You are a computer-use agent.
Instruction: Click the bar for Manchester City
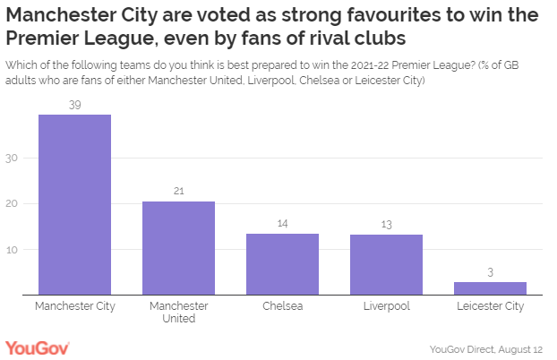pos(74,205)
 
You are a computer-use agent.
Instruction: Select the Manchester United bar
pos(178,248)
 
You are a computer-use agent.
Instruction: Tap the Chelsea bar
pos(282,264)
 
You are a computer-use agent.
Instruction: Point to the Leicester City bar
pos(490,287)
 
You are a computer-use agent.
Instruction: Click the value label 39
pos(74,105)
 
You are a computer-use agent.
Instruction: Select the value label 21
pos(178,192)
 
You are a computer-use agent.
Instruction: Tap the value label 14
pos(282,224)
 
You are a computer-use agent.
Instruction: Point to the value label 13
pos(386,225)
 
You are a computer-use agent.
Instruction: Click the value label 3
pos(490,272)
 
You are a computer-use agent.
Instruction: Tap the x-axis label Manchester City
pos(74,306)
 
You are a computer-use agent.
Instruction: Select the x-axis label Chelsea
pos(282,306)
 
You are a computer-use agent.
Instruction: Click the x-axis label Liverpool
pos(386,306)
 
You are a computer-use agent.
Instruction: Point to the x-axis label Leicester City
pos(490,306)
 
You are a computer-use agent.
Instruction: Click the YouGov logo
pos(37,347)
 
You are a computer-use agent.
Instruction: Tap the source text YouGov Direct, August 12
pos(486,348)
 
